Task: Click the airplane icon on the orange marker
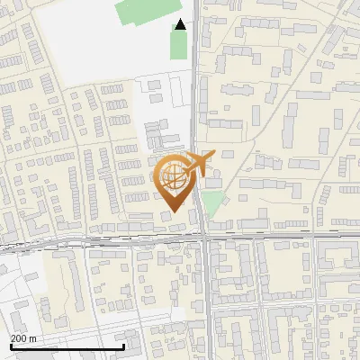click(196, 165)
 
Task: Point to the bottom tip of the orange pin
click(172, 212)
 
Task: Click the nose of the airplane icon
click(213, 155)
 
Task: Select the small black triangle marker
click(181, 25)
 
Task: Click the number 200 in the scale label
click(19, 338)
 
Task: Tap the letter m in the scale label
click(32, 338)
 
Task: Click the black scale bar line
click(67, 346)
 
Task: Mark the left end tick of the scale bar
click(11, 345)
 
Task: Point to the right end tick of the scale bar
click(123, 345)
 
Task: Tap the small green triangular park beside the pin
click(211, 202)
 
